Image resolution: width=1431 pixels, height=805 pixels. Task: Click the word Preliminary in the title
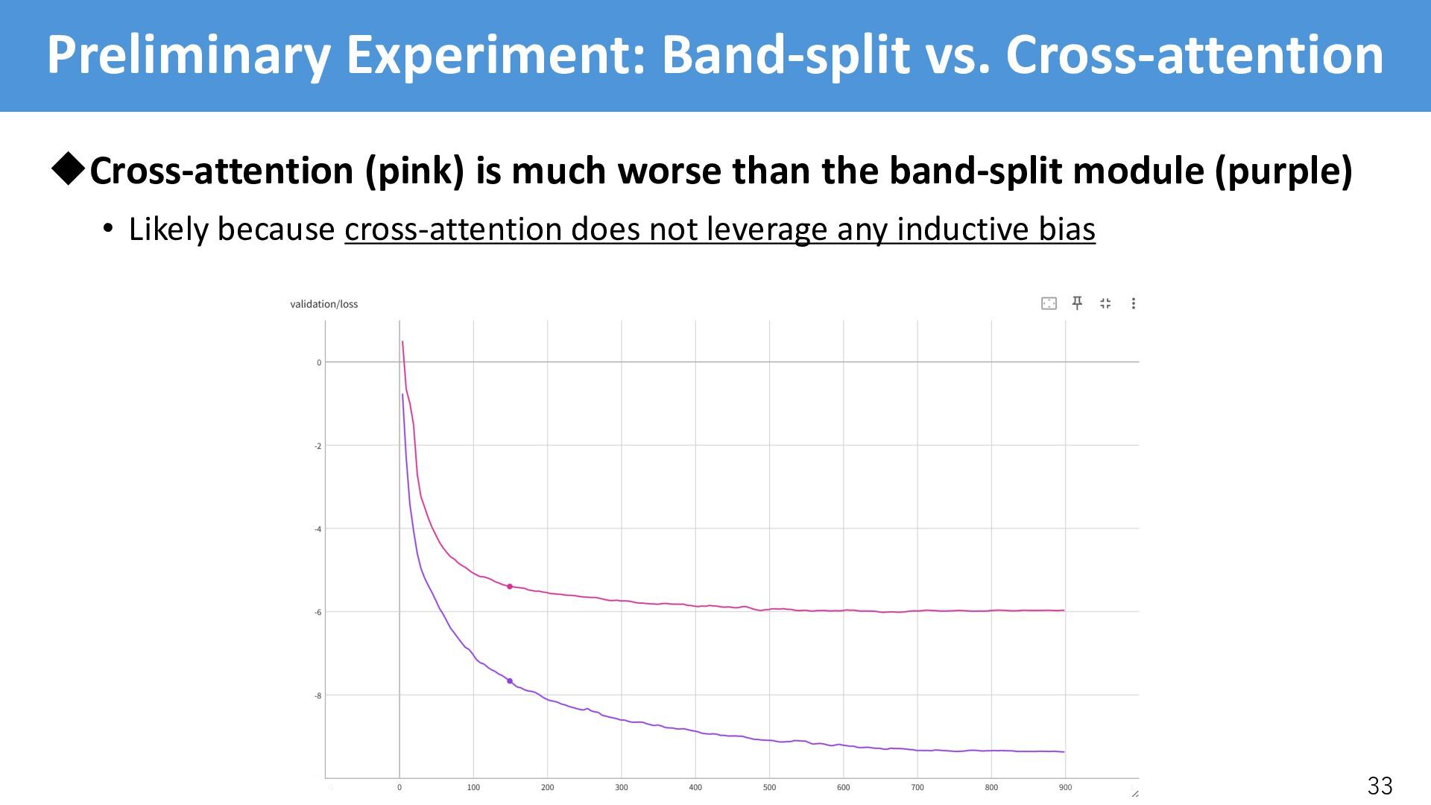point(189,55)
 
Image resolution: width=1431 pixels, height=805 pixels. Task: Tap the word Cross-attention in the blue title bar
point(1194,55)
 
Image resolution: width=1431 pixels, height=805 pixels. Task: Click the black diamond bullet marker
point(69,169)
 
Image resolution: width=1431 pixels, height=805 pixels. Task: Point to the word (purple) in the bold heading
point(1283,171)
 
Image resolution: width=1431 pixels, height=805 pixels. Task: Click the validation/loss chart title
point(323,304)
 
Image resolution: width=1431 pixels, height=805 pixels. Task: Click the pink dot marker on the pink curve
point(510,587)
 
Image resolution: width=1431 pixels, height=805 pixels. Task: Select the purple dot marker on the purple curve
point(510,681)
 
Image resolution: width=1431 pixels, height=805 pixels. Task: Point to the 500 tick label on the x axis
point(769,787)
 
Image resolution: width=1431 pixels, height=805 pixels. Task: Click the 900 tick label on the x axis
point(1065,787)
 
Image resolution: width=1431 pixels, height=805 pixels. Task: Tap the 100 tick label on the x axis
point(473,787)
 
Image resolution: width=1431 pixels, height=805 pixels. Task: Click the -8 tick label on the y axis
point(318,695)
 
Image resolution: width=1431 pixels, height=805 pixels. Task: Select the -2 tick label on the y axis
point(318,446)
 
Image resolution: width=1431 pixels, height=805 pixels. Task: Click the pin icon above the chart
point(1077,303)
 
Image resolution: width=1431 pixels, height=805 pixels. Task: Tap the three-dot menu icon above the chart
point(1133,303)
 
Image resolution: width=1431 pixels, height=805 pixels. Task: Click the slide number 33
point(1380,785)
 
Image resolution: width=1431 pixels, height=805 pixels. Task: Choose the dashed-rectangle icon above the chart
point(1049,303)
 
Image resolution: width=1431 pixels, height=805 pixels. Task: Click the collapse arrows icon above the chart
point(1105,303)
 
